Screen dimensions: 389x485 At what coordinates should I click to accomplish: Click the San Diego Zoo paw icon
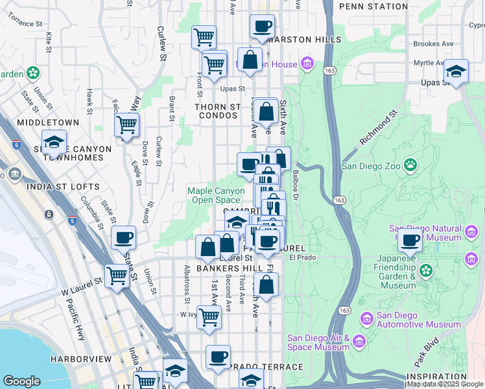(410, 165)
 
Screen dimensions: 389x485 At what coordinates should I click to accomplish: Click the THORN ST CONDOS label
(219, 112)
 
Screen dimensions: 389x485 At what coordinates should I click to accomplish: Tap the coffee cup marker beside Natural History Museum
(410, 241)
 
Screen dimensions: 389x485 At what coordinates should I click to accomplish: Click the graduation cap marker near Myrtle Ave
(456, 72)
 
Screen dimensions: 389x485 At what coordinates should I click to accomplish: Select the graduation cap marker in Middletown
(54, 142)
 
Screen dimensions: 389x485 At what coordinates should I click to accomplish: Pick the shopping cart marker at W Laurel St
(117, 276)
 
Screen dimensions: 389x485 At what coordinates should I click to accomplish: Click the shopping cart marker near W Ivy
(209, 318)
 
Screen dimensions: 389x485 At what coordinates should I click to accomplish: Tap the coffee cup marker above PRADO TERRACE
(218, 357)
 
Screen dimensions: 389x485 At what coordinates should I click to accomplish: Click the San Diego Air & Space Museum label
(318, 342)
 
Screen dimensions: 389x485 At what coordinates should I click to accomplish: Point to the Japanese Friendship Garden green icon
(426, 269)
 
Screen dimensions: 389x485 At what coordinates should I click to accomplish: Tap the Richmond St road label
(378, 127)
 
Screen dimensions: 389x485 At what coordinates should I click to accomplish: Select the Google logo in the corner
(21, 381)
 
